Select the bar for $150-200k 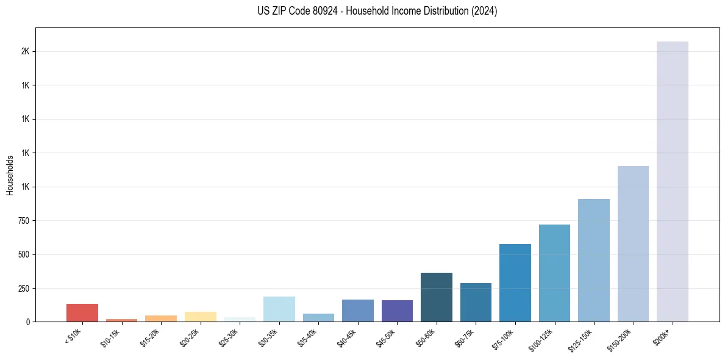633,243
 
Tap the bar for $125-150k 593,260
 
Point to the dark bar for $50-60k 436,297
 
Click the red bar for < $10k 82,312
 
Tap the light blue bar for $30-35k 279,309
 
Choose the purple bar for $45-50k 397,311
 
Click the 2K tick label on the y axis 26,51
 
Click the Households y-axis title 10,175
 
